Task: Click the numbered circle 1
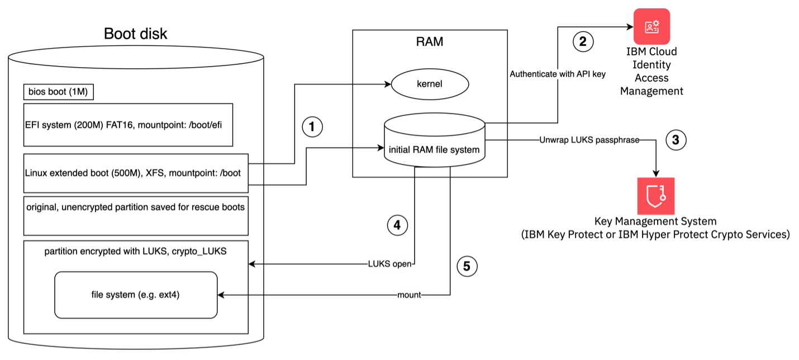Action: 312,127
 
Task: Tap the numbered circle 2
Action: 583,41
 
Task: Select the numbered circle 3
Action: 676,140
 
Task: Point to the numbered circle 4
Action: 397,225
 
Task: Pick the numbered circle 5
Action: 467,267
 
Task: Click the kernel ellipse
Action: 430,84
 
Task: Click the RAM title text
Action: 430,42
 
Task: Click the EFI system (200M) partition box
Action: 128,125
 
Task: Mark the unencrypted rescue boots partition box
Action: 136,215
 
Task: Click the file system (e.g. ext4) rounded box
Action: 136,295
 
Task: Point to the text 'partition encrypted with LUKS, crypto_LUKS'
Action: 136,252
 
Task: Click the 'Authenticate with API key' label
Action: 558,74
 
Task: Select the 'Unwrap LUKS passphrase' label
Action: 589,140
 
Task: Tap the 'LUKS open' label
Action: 389,264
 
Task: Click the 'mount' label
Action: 409,295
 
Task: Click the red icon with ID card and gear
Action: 651,27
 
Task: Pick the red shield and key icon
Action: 656,196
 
